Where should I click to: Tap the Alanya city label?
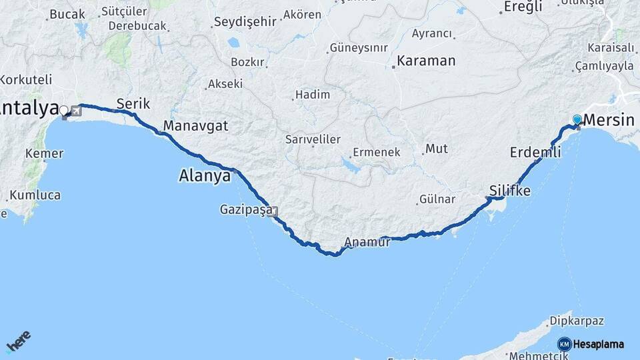tap(205, 177)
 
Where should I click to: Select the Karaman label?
tap(427, 61)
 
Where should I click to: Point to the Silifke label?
tap(510, 191)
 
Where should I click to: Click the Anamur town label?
tap(367, 243)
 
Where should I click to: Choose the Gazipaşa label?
tap(245, 210)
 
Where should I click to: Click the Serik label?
tap(133, 104)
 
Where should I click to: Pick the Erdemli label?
tap(535, 153)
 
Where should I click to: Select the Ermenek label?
tap(377, 152)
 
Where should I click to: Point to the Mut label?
tap(437, 149)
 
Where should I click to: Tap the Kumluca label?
tap(35, 196)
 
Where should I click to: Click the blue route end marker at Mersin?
tap(577, 120)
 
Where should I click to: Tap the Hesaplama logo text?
tap(598, 345)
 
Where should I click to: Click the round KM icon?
tap(564, 344)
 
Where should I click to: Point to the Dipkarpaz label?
tap(577, 321)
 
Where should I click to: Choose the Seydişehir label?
tap(245, 22)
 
